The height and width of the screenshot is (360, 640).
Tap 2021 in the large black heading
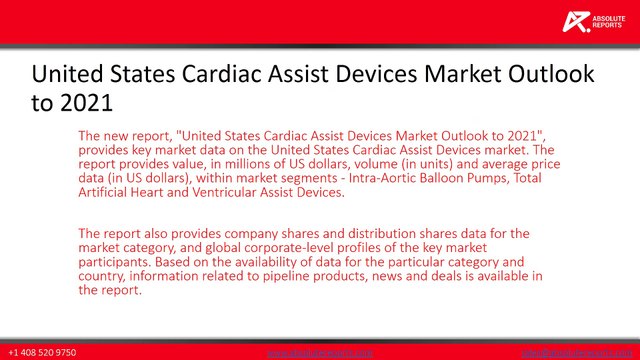pyautogui.click(x=85, y=102)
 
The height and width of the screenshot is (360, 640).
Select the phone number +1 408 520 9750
pyautogui.click(x=42, y=353)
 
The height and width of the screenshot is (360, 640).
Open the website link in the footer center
pyautogui.click(x=320, y=353)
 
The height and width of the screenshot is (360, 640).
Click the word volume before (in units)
pyautogui.click(x=388, y=164)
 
